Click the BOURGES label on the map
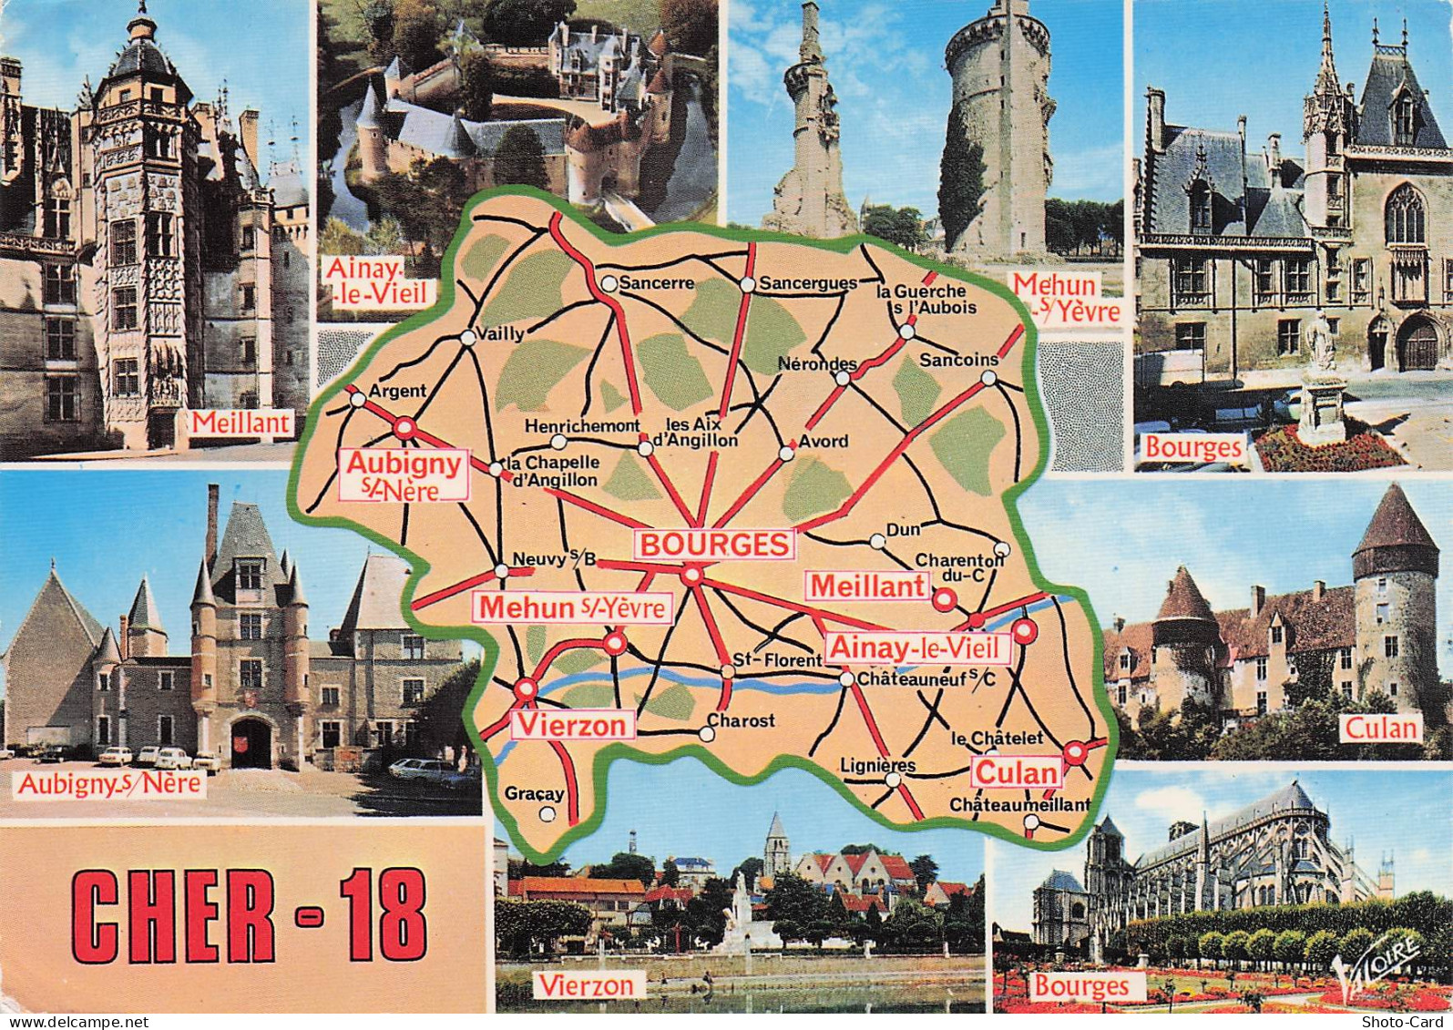(714, 545)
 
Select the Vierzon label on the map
(572, 725)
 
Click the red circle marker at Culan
(1076, 752)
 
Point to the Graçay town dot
(547, 814)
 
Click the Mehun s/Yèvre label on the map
(572, 607)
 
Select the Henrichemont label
(582, 426)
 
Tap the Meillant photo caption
(241, 423)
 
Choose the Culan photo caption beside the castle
(1380, 728)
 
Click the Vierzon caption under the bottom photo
(586, 985)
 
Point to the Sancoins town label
(957, 360)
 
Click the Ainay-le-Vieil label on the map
(917, 648)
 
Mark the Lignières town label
(877, 765)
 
